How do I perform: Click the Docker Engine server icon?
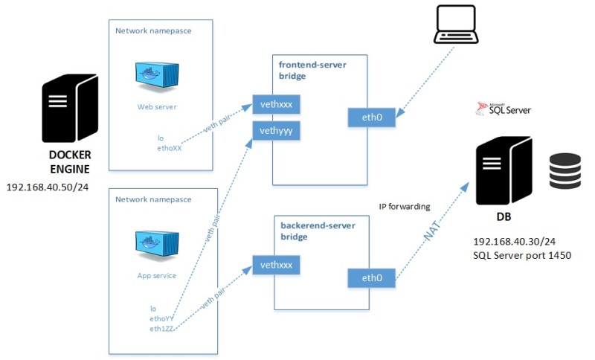[68, 108]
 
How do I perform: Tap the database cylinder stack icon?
[565, 171]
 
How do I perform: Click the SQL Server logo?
[504, 109]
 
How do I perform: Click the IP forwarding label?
[404, 208]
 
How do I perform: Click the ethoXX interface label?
[170, 148]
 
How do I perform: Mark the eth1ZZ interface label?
[162, 328]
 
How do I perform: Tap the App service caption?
[156, 276]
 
